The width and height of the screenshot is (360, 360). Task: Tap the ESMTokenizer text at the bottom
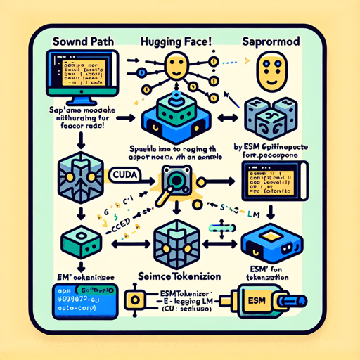point(176,293)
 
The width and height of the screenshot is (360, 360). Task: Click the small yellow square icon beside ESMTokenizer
point(131,300)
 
